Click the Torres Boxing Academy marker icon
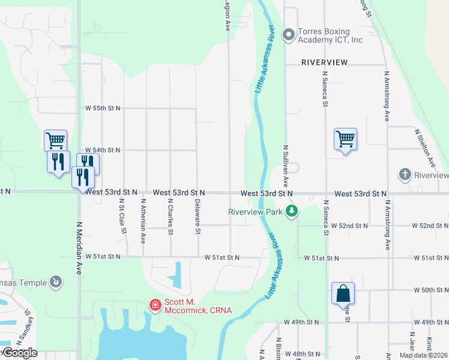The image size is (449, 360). click(289, 34)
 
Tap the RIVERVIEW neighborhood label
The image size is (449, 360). click(325, 62)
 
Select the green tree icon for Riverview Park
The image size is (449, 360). click(292, 211)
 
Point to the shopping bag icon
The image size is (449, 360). click(343, 294)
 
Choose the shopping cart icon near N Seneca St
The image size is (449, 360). click(345, 139)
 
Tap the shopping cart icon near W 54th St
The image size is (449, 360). click(55, 141)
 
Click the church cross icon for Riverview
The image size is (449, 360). click(405, 175)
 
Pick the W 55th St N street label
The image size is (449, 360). click(103, 108)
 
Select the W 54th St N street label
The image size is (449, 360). click(103, 149)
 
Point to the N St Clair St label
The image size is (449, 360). click(124, 216)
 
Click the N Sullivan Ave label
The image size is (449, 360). click(286, 165)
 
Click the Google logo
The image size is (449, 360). click(19, 353)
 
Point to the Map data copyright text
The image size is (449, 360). click(423, 355)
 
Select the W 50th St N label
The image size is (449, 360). click(430, 290)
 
